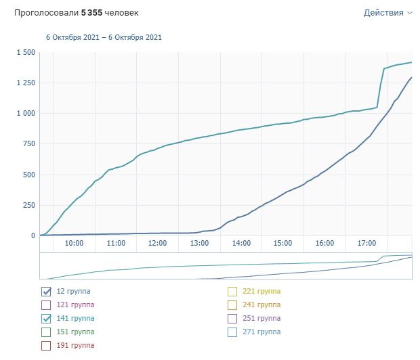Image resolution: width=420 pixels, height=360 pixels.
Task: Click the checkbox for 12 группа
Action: [x=46, y=292]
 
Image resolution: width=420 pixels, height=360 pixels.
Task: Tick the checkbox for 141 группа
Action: [x=46, y=319]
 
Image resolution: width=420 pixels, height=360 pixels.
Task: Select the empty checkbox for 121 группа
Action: [x=46, y=305]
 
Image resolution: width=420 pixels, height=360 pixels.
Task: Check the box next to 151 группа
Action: [x=46, y=332]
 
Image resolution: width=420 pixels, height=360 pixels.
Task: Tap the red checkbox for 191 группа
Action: [x=46, y=346]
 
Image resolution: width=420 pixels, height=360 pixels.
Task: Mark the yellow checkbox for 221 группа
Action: [x=232, y=292]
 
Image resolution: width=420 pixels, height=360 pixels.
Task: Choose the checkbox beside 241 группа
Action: [x=232, y=305]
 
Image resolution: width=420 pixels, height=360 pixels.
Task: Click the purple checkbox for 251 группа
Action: [x=232, y=319]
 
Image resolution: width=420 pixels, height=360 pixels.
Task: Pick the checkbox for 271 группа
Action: [x=232, y=332]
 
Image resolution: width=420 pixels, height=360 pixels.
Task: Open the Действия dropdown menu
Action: [x=387, y=13]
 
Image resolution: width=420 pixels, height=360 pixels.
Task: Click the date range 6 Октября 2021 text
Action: [x=104, y=38]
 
